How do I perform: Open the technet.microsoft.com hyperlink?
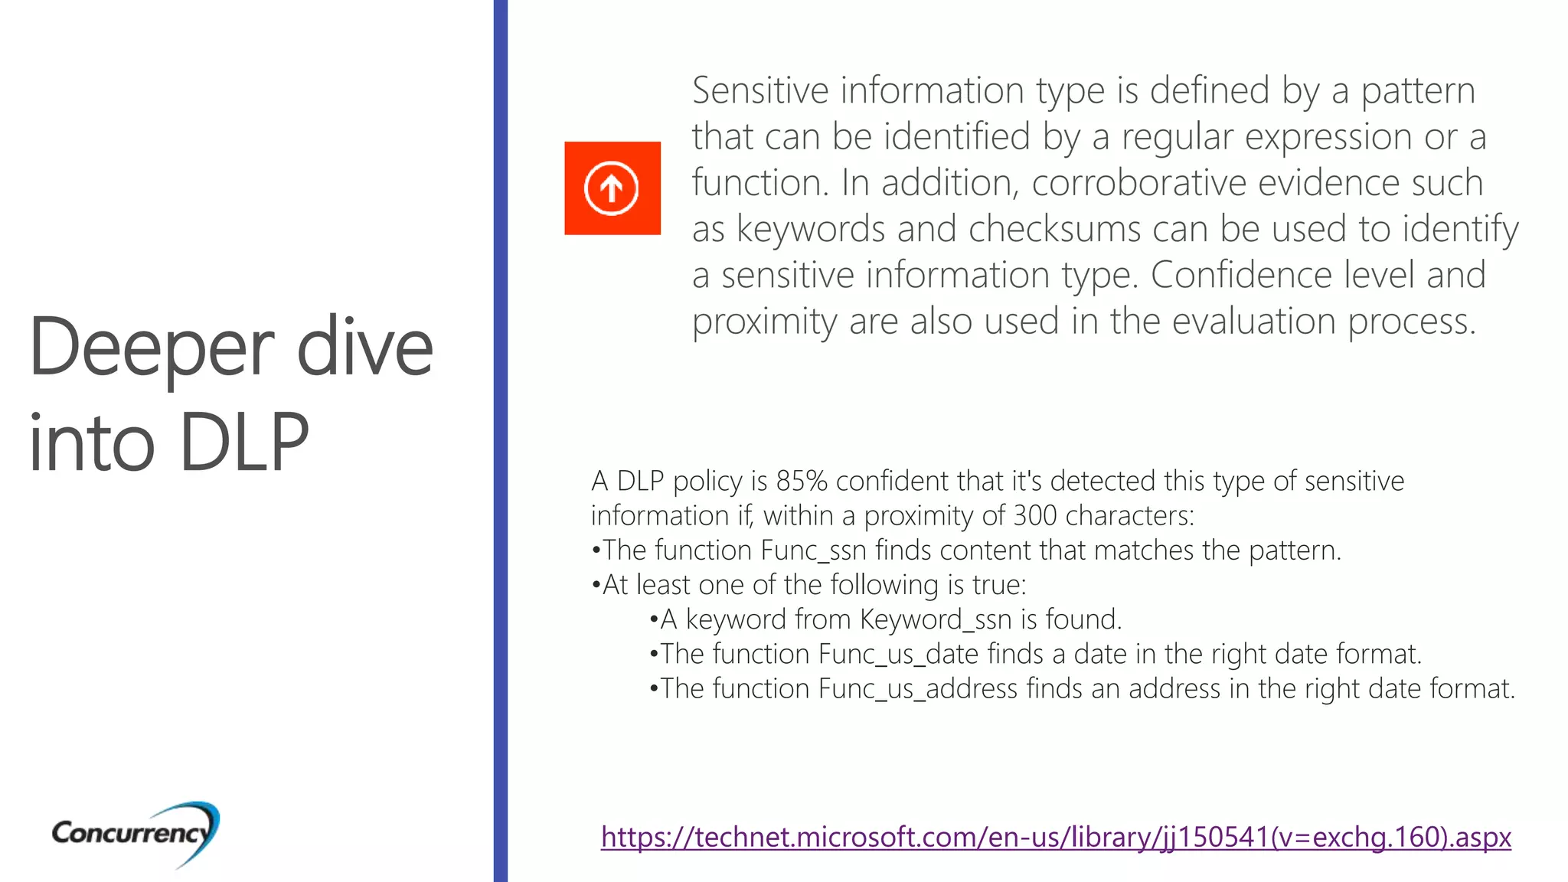[1056, 837]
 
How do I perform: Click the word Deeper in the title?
[152, 349]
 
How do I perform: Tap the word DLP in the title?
[244, 443]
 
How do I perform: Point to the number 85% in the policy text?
[802, 481]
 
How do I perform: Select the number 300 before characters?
[1035, 516]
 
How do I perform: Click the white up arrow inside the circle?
[611, 188]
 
